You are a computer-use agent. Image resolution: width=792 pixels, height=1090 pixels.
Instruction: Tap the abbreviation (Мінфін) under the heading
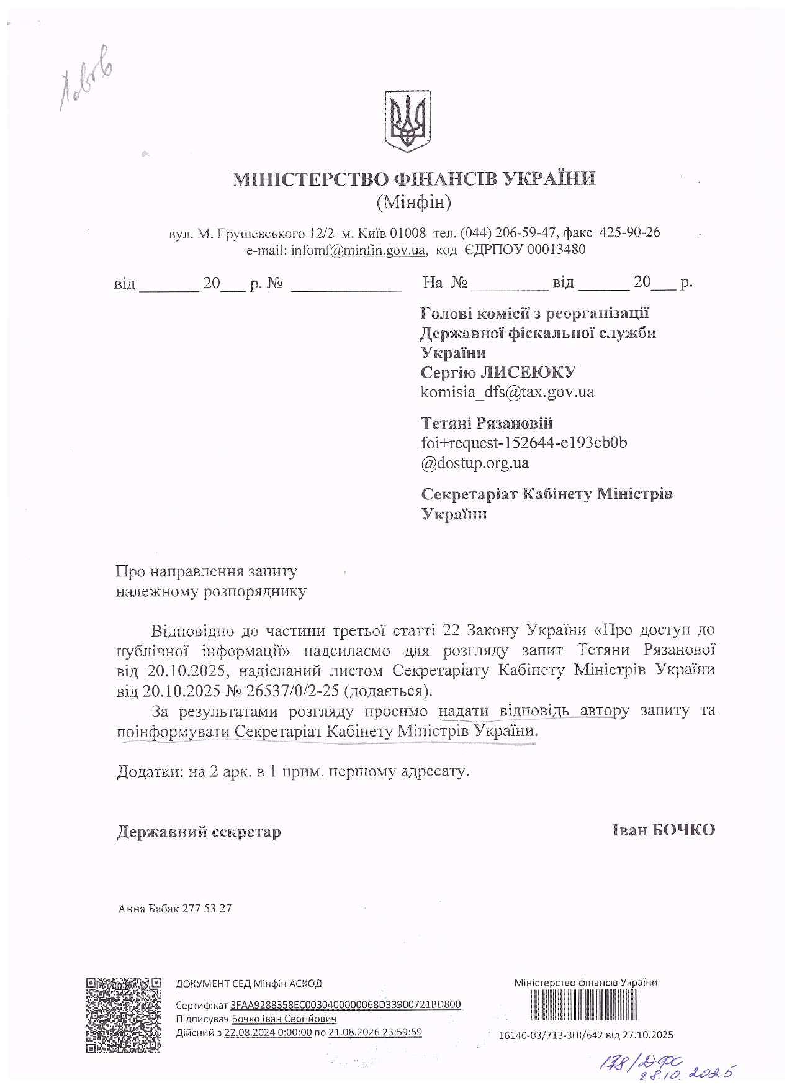pos(413,202)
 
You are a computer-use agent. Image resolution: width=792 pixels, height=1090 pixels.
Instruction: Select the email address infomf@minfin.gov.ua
pos(358,250)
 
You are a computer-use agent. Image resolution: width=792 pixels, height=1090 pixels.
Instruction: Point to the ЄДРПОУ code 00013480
pos(556,250)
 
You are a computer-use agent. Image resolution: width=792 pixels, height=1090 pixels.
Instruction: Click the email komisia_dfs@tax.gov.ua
pos(507,392)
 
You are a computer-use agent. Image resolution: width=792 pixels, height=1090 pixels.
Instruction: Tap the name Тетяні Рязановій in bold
pos(486,423)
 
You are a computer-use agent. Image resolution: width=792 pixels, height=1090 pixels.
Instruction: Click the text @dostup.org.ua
pos(475,463)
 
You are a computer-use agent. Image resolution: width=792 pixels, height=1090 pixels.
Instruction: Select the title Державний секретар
pos(199,831)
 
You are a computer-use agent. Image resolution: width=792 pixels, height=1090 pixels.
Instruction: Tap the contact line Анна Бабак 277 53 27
pos(175,908)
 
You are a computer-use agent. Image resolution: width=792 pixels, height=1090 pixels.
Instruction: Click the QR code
pos(123,1015)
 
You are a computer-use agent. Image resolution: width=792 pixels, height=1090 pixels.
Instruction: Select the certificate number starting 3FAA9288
pos(345,1004)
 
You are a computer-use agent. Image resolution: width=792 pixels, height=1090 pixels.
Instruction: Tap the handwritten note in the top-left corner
pos(87,79)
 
